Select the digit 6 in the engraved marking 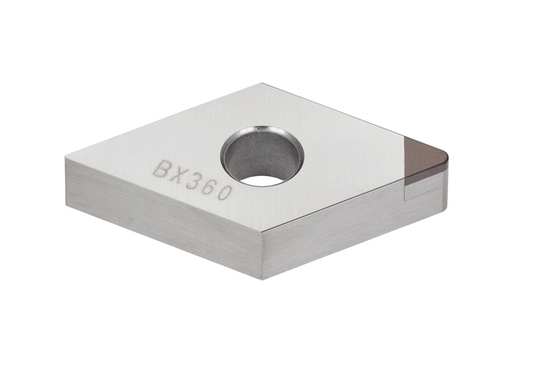pyautogui.click(x=212, y=187)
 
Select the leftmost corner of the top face pyautogui.click(x=66, y=159)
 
